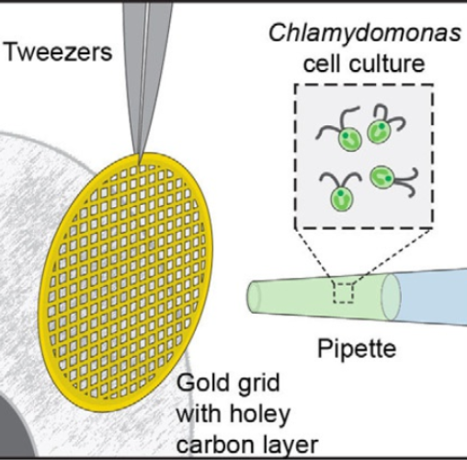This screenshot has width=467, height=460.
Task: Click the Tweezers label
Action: pyautogui.click(x=59, y=52)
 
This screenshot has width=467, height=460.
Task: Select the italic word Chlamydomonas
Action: pyautogui.click(x=365, y=34)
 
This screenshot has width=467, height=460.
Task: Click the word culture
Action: pyautogui.click(x=387, y=63)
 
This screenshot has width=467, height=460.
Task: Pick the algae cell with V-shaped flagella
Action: pyautogui.click(x=341, y=190)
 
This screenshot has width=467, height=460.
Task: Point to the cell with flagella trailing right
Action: pyautogui.click(x=393, y=179)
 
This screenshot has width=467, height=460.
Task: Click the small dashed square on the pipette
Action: pyautogui.click(x=343, y=293)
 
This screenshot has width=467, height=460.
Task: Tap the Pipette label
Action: pyautogui.click(x=357, y=349)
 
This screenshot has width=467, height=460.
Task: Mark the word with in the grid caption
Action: pyautogui.click(x=199, y=414)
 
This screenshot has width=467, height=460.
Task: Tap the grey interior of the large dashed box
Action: pyautogui.click(x=364, y=156)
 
